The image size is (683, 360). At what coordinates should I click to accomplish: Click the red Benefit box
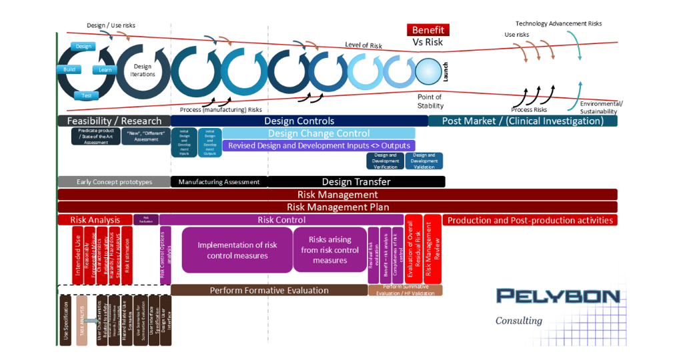(x=428, y=30)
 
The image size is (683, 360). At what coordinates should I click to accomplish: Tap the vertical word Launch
(x=445, y=71)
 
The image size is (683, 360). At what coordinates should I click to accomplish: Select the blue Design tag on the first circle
(x=83, y=46)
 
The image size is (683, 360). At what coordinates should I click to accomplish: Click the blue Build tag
(x=69, y=69)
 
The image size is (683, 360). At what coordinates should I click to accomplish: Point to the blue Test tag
(x=86, y=95)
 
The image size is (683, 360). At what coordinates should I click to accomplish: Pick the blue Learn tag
(x=105, y=69)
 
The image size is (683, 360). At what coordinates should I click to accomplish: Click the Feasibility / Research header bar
(x=114, y=121)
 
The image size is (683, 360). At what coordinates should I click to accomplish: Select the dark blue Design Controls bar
(x=299, y=121)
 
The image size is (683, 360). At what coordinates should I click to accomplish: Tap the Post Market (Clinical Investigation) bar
(x=522, y=121)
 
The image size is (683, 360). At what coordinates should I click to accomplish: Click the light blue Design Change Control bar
(x=318, y=133)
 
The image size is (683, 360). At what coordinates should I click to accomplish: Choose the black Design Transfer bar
(x=356, y=181)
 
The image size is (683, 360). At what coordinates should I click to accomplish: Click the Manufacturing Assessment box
(x=219, y=181)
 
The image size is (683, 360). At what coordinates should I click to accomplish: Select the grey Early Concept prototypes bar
(x=114, y=181)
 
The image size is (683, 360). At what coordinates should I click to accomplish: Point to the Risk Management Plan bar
(x=337, y=207)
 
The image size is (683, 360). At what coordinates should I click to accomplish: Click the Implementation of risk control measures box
(x=237, y=250)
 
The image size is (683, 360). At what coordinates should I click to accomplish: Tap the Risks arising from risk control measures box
(x=329, y=250)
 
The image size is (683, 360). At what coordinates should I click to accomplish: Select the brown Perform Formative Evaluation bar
(x=269, y=290)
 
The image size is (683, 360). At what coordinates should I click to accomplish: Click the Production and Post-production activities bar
(x=530, y=220)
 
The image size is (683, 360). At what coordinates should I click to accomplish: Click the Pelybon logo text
(x=558, y=295)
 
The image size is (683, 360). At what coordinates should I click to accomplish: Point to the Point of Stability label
(x=430, y=101)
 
